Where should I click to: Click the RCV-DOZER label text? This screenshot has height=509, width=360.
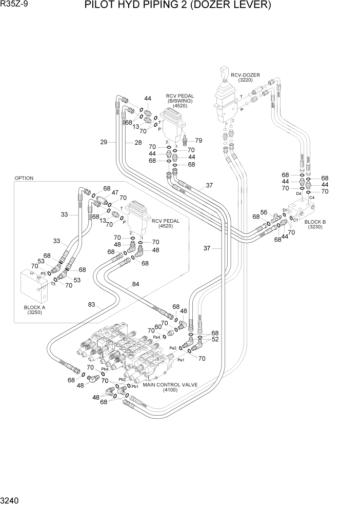pyautogui.click(x=245, y=75)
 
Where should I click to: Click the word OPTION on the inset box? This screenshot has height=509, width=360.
pyautogui.click(x=24, y=179)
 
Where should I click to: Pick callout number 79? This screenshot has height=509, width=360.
pyautogui.click(x=198, y=141)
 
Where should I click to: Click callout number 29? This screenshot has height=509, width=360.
pyautogui.click(x=104, y=142)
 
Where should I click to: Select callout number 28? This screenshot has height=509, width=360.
pyautogui.click(x=138, y=142)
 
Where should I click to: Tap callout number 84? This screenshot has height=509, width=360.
pyautogui.click(x=135, y=284)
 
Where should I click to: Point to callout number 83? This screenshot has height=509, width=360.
pyautogui.click(x=92, y=305)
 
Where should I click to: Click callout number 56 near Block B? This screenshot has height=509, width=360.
pyautogui.click(x=264, y=212)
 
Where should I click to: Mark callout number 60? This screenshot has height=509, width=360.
pyautogui.click(x=158, y=327)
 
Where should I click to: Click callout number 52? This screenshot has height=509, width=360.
pyautogui.click(x=215, y=339)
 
